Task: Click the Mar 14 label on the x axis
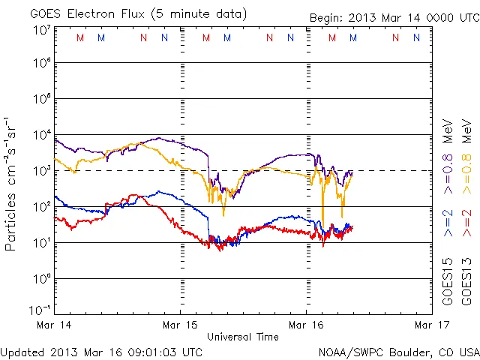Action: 49,325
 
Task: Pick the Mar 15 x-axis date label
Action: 181,325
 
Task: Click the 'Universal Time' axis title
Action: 243,337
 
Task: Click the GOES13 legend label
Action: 466,283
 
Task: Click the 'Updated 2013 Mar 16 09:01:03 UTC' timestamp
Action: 101,352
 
